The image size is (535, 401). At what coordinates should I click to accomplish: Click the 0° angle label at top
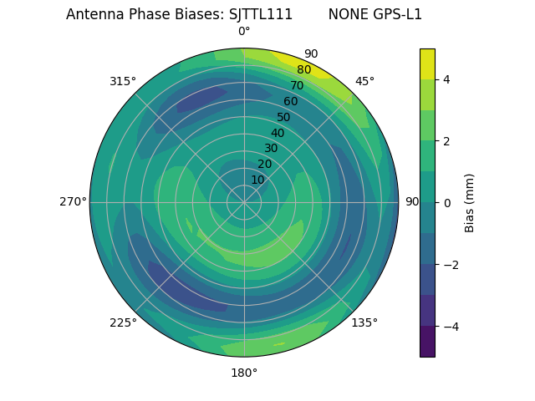[x=244, y=32]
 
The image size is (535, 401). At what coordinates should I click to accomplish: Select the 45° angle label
[x=364, y=81]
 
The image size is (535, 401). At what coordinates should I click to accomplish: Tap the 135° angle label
[x=364, y=322]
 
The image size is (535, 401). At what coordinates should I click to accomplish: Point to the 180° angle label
[x=244, y=373]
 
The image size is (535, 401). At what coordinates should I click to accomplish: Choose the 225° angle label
[x=123, y=322]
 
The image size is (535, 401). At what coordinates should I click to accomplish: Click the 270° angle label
[x=73, y=201]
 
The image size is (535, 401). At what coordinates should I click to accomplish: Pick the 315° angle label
[x=123, y=81]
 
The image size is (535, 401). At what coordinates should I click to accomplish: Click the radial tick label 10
[x=257, y=180]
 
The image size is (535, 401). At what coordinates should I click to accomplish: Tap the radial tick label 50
[x=283, y=117]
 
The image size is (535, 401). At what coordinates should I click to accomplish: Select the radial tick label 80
[x=303, y=70]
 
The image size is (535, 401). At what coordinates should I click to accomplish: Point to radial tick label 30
[x=271, y=149]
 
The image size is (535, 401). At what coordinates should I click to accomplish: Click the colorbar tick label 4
[x=447, y=79]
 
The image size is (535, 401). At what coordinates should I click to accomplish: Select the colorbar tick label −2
[x=451, y=265]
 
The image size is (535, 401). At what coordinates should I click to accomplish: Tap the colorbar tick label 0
[x=447, y=203]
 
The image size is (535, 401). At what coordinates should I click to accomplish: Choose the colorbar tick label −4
[x=451, y=327]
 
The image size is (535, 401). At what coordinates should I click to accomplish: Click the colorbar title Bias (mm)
[x=470, y=203]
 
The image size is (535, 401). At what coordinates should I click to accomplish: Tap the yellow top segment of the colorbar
[x=427, y=63]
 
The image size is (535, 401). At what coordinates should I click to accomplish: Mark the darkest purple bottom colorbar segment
[x=427, y=342]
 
